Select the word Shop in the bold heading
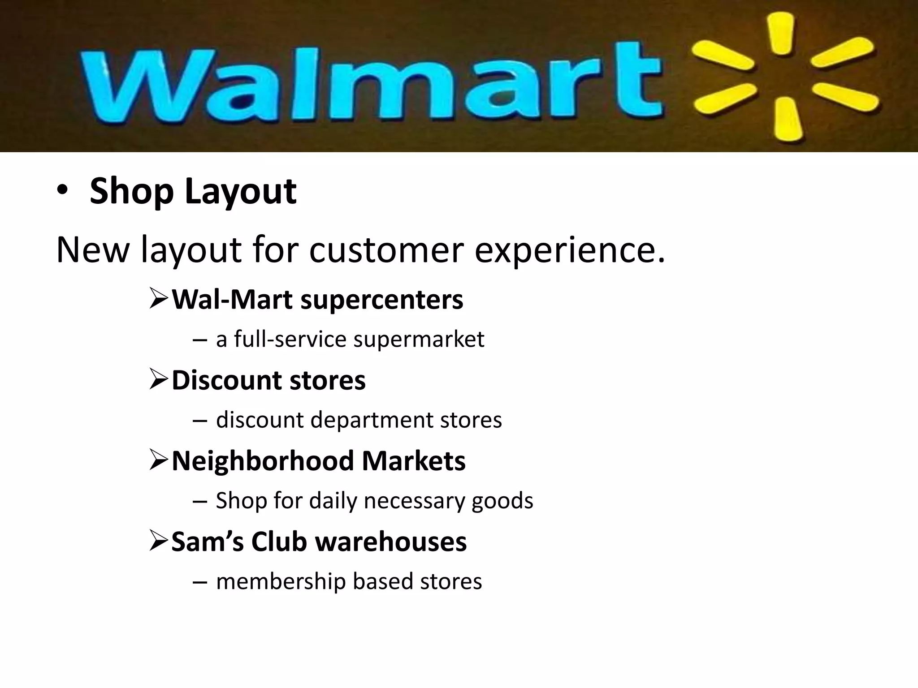click(131, 191)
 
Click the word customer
click(386, 249)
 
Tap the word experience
click(569, 249)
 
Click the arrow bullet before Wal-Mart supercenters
click(159, 299)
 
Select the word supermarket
click(419, 339)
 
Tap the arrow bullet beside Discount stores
click(159, 379)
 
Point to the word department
click(372, 420)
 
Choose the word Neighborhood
click(263, 461)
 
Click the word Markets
click(413, 461)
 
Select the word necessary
click(414, 501)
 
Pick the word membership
click(280, 581)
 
